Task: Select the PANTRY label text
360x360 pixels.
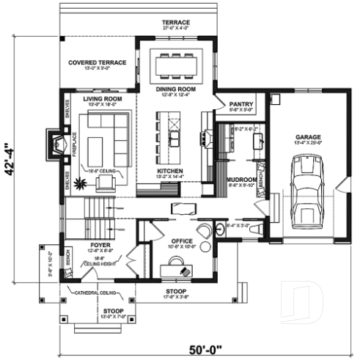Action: tap(241, 104)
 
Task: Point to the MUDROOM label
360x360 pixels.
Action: tap(241, 179)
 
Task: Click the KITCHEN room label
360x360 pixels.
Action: tap(169, 170)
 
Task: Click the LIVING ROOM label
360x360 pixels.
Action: tap(102, 98)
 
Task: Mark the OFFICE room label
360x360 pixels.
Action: tap(181, 240)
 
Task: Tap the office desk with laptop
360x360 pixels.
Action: tap(180, 269)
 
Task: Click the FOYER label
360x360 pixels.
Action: tap(100, 244)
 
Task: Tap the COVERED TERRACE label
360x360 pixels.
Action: tap(98, 63)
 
